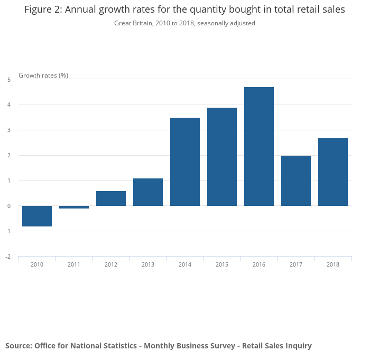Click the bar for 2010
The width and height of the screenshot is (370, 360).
click(x=37, y=216)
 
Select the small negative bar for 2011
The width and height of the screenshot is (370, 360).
click(x=74, y=207)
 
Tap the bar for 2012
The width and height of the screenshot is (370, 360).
click(x=111, y=198)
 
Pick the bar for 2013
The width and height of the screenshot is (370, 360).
click(x=148, y=192)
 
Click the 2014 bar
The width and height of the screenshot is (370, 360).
click(x=185, y=162)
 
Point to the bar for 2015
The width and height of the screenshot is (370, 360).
click(x=222, y=157)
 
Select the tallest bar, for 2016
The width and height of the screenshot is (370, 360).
click(x=259, y=146)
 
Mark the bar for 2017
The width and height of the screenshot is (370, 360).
click(x=296, y=181)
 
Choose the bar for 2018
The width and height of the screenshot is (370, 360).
click(x=333, y=172)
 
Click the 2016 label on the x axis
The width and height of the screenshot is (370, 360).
click(x=259, y=264)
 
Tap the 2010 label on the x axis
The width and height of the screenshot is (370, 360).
click(x=37, y=264)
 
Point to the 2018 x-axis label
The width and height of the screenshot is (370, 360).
click(x=333, y=264)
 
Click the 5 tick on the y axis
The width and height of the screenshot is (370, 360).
click(x=9, y=80)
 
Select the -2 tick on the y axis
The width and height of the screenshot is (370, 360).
click(x=8, y=257)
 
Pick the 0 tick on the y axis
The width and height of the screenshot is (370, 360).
click(x=9, y=206)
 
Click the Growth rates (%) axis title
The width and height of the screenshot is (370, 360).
click(x=43, y=75)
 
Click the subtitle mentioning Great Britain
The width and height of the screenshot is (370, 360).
click(x=184, y=23)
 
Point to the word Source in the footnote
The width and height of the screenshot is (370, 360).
click(x=18, y=346)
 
